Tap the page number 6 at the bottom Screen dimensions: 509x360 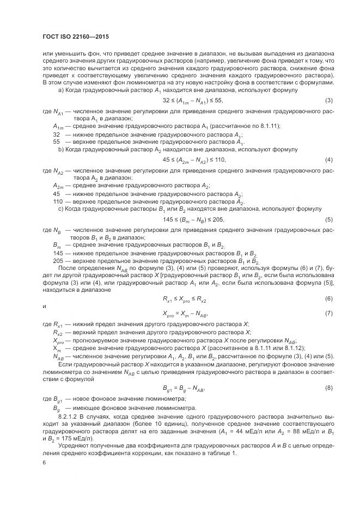tap(44, 462)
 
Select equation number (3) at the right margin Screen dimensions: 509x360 tap(329, 101)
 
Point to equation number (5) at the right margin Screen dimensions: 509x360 tap(329, 219)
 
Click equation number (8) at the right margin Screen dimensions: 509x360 tap(329, 388)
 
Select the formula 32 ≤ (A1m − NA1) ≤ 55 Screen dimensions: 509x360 tap(193, 101)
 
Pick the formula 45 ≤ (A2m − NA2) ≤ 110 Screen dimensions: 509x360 tap(194, 160)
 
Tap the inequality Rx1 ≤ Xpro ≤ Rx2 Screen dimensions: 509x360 tap(185, 299)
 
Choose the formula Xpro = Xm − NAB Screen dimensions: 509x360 tap(186, 314)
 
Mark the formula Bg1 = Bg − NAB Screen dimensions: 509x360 tap(186, 388)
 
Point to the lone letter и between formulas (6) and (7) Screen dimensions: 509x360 tap(44, 306)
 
